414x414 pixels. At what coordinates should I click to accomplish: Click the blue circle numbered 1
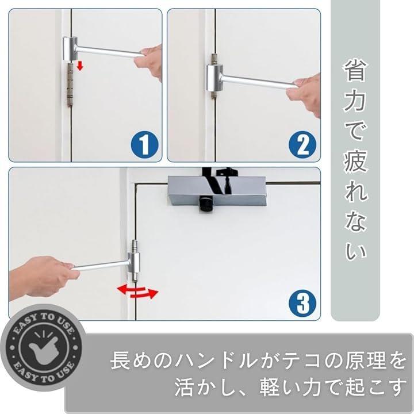[144, 144]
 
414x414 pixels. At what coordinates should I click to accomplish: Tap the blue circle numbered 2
[302, 144]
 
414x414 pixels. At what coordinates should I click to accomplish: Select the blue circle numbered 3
[302, 303]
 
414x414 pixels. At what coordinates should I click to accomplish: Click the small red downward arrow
[80, 66]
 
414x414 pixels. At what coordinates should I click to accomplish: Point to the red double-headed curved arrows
[137, 291]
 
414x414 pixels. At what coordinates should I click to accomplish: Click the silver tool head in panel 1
[70, 48]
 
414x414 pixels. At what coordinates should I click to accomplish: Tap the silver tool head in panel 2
[214, 78]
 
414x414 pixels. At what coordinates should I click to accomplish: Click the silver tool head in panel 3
[134, 263]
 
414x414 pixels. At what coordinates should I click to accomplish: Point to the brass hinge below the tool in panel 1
[70, 85]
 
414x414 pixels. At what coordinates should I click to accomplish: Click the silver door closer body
[217, 191]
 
